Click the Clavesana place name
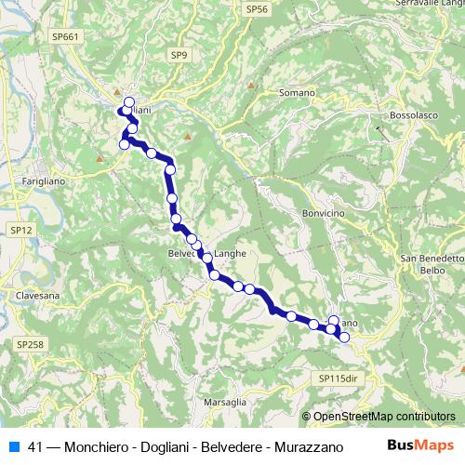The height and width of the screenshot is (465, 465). coord(37,296)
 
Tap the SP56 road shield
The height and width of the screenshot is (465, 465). coord(257,8)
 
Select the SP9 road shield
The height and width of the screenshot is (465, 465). coord(179,56)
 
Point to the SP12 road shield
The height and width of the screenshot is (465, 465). coord(20,229)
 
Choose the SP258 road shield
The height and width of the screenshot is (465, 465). coord(29,344)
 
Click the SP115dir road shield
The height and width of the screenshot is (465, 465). coord(337,379)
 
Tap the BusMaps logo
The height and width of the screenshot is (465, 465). coord(420,445)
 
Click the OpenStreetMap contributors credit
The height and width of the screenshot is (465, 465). coord(384,417)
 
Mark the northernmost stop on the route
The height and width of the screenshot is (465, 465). coord(128,102)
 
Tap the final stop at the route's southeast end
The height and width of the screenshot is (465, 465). coord(344,337)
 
